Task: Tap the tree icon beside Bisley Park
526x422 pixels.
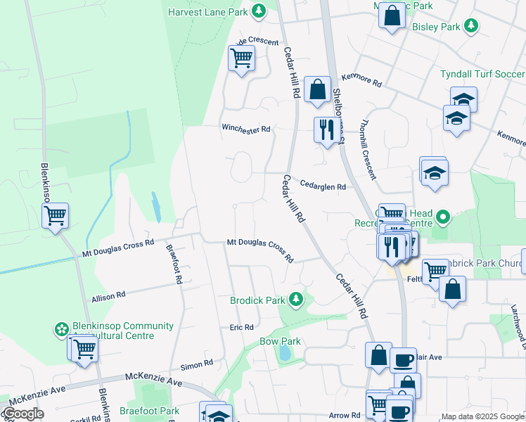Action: pyautogui.click(x=471, y=27)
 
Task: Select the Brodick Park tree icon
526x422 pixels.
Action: pyautogui.click(x=296, y=300)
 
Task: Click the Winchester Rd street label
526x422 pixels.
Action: pyautogui.click(x=246, y=129)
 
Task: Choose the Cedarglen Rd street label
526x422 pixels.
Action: pyautogui.click(x=323, y=186)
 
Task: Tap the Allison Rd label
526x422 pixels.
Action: pyautogui.click(x=108, y=298)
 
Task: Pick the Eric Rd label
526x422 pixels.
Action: pyautogui.click(x=241, y=327)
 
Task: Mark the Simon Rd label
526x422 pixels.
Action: pyautogui.click(x=196, y=364)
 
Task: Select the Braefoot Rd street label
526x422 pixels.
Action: pyautogui.click(x=174, y=264)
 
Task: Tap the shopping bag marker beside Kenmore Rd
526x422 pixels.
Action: pyautogui.click(x=318, y=89)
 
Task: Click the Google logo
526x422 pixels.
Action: pyautogui.click(x=23, y=414)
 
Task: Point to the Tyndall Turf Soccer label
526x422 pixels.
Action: pyautogui.click(x=482, y=74)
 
